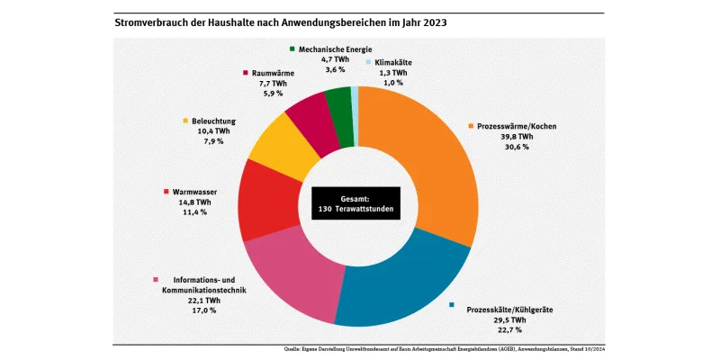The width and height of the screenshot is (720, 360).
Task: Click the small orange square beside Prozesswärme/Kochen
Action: tap(471, 126)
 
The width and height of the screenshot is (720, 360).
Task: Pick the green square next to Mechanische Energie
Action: tap(292, 48)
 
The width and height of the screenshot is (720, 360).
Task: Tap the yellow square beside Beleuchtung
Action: tap(186, 120)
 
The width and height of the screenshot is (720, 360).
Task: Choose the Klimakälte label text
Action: tap(393, 63)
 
